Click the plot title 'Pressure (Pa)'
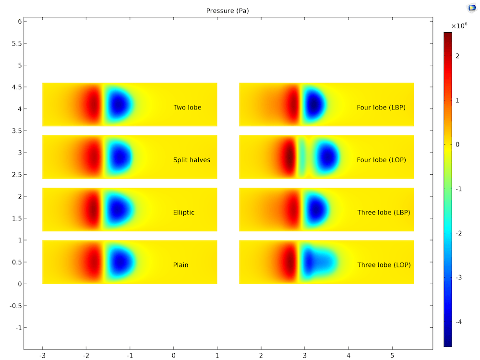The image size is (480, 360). click(x=228, y=11)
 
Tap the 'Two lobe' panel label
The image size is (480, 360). click(x=187, y=108)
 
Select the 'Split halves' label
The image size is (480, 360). click(x=192, y=160)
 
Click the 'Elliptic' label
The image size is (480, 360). click(x=184, y=212)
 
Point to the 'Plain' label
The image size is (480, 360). click(x=180, y=264)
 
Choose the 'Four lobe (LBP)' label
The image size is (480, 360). click(x=381, y=108)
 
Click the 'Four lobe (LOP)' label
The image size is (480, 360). click(x=381, y=160)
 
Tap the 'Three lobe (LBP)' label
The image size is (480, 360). click(x=384, y=212)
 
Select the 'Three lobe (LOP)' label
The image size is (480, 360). click(x=384, y=264)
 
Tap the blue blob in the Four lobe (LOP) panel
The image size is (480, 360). click(x=328, y=157)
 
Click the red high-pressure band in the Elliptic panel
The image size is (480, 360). click(x=92, y=210)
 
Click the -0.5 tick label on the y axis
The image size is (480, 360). click(x=15, y=305)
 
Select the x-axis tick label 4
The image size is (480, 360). click(x=348, y=356)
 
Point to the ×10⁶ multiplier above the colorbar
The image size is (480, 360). click(x=459, y=26)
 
